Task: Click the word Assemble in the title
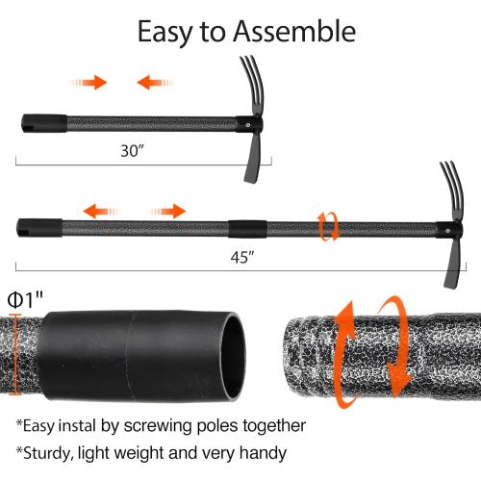[x=294, y=31]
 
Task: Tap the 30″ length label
[x=132, y=150]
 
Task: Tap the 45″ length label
[x=242, y=257]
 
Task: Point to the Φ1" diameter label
[x=25, y=300]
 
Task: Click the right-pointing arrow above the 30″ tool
[x=89, y=83]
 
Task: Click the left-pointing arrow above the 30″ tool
[x=155, y=83]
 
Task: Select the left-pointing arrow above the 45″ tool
[x=102, y=212]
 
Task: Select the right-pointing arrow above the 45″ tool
[x=167, y=212]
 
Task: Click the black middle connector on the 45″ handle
[x=247, y=229]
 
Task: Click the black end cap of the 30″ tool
[x=44, y=123]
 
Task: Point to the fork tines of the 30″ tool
[x=254, y=84]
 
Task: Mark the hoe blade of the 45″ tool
[x=451, y=262]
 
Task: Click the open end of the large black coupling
[x=233, y=357]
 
